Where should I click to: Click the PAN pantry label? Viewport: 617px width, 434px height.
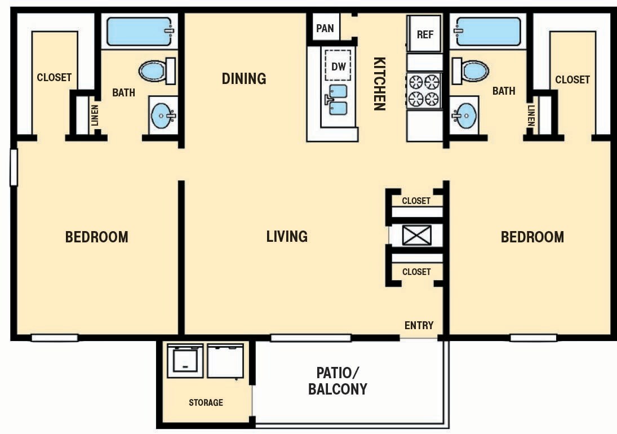pos(325,28)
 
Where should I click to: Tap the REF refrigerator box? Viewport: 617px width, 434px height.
pos(425,34)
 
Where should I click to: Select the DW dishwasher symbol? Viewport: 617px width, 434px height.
pos(338,67)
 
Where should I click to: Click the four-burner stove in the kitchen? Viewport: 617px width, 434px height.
pos(424,90)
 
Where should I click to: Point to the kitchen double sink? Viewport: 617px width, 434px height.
pos(338,100)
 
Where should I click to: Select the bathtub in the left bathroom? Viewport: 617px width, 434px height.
pos(139,32)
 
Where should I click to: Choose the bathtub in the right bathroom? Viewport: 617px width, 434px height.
pos(489,32)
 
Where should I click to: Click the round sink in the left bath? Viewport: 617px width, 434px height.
pos(163,117)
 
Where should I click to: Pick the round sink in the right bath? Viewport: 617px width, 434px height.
pos(464,117)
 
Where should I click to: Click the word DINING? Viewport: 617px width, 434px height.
pos(243,78)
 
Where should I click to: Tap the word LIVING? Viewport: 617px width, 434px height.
pos(287,236)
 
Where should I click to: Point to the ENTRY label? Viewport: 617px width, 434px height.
pos(419,325)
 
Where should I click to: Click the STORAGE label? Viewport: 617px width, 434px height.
pos(206,402)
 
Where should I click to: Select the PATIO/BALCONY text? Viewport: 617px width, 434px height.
pos(338,380)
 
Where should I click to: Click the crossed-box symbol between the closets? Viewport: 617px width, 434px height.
pos(417,235)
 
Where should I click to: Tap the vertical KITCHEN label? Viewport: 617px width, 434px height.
pos(380,83)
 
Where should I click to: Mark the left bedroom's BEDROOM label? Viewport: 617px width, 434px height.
pos(96,237)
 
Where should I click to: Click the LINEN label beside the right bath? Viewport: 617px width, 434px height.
pos(531,116)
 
